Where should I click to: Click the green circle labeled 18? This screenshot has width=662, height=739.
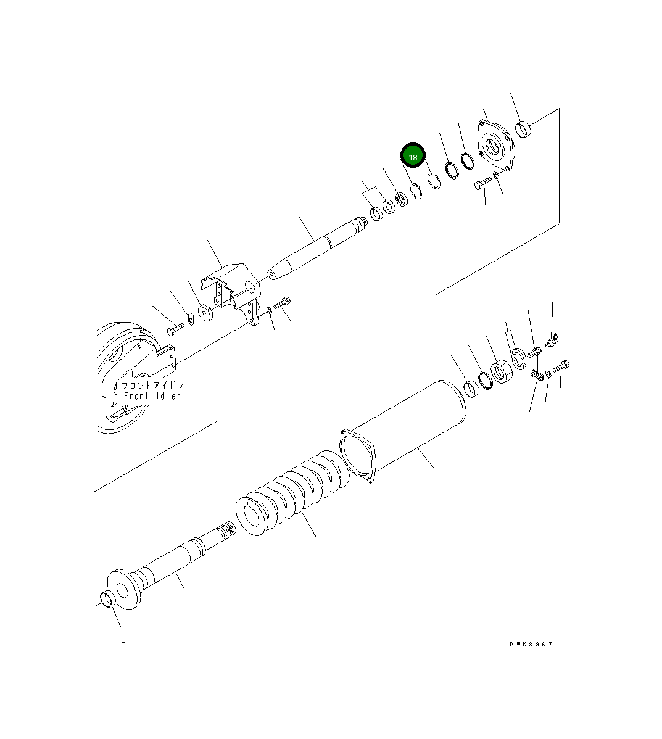pos(413,157)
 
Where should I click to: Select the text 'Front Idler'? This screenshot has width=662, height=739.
pos(152,396)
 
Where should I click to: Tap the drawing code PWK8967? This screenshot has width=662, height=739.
pos(531,644)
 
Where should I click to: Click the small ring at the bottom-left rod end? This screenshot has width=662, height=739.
pos(107,598)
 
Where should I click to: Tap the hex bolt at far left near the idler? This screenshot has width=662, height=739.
pos(175,330)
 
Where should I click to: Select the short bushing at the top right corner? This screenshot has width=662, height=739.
pos(523,130)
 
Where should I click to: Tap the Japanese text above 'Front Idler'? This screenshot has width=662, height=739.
pos(152,385)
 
